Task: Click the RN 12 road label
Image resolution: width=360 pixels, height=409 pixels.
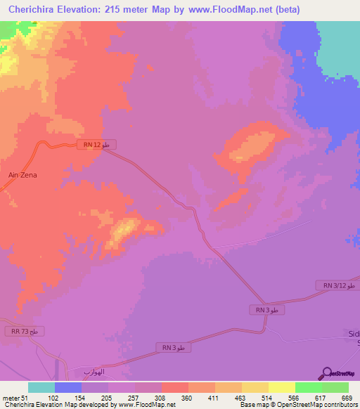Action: pyautogui.click(x=96, y=145)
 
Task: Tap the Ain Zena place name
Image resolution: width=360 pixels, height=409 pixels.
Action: pyautogui.click(x=22, y=175)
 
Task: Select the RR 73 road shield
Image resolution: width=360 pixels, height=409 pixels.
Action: pyautogui.click(x=25, y=331)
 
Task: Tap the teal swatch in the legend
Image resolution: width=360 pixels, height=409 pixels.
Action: pyautogui.click(x=41, y=387)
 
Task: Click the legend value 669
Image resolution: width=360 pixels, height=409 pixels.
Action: pyautogui.click(x=346, y=398)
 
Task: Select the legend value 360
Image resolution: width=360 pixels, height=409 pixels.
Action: pyautogui.click(x=186, y=398)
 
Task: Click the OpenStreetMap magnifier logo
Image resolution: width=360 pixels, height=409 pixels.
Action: pyautogui.click(x=327, y=374)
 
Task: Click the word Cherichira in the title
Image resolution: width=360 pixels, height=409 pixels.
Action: pyautogui.click(x=34, y=10)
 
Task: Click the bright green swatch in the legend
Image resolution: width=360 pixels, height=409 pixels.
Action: pyautogui.click(x=308, y=387)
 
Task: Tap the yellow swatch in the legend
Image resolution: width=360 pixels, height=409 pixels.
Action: pyautogui.click(x=281, y=387)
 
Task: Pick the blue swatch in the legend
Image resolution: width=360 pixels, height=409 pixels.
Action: pyautogui.click(x=67, y=387)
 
